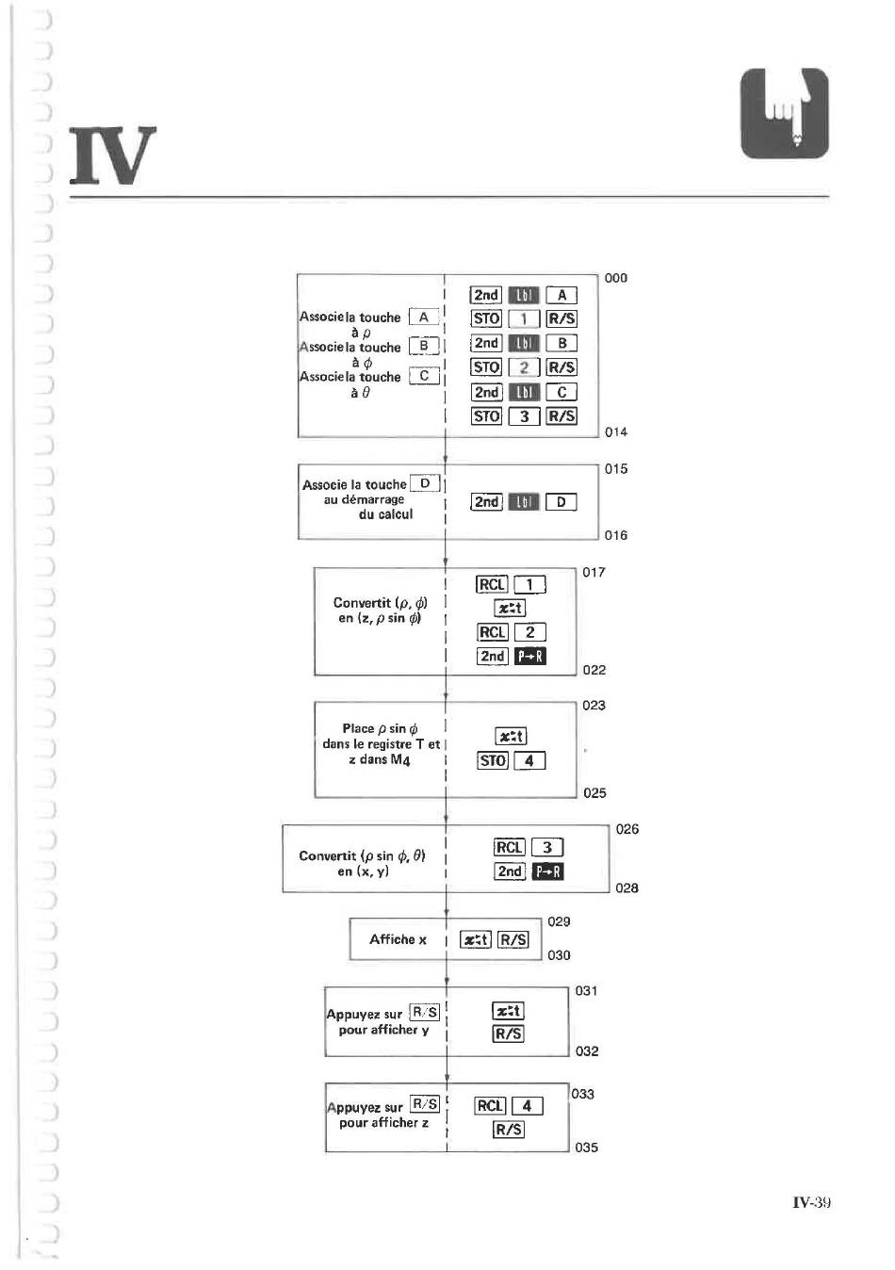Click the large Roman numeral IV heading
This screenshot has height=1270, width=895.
pyautogui.click(x=113, y=155)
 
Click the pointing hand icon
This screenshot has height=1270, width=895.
pyautogui.click(x=784, y=113)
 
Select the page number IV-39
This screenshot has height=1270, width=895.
pyautogui.click(x=811, y=1202)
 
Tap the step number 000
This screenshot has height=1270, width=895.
pyautogui.click(x=615, y=278)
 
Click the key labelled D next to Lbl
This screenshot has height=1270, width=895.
pyautogui.click(x=561, y=502)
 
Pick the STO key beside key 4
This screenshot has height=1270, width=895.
pyautogui.click(x=492, y=761)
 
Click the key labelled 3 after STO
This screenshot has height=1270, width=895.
pyautogui.click(x=524, y=416)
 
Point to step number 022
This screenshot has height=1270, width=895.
pyautogui.click(x=594, y=670)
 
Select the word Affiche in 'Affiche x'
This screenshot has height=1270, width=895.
pyautogui.click(x=392, y=939)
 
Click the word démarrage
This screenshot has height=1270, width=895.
pyautogui.click(x=372, y=499)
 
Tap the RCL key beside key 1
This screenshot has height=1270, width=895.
pyautogui.click(x=492, y=584)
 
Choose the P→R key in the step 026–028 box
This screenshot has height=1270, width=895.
pyautogui.click(x=547, y=871)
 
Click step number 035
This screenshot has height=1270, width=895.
pyautogui.click(x=586, y=1147)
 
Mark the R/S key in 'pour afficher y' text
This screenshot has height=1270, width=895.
pyautogui.click(x=425, y=1012)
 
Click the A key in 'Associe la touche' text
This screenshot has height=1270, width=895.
pyautogui.click(x=424, y=317)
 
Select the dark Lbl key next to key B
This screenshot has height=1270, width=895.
pyautogui.click(x=524, y=344)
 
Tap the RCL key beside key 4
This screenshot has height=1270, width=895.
pyautogui.click(x=490, y=1105)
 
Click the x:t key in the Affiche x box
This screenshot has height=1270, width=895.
pyautogui.click(x=476, y=940)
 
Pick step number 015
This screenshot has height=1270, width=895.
pyautogui.click(x=615, y=469)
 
